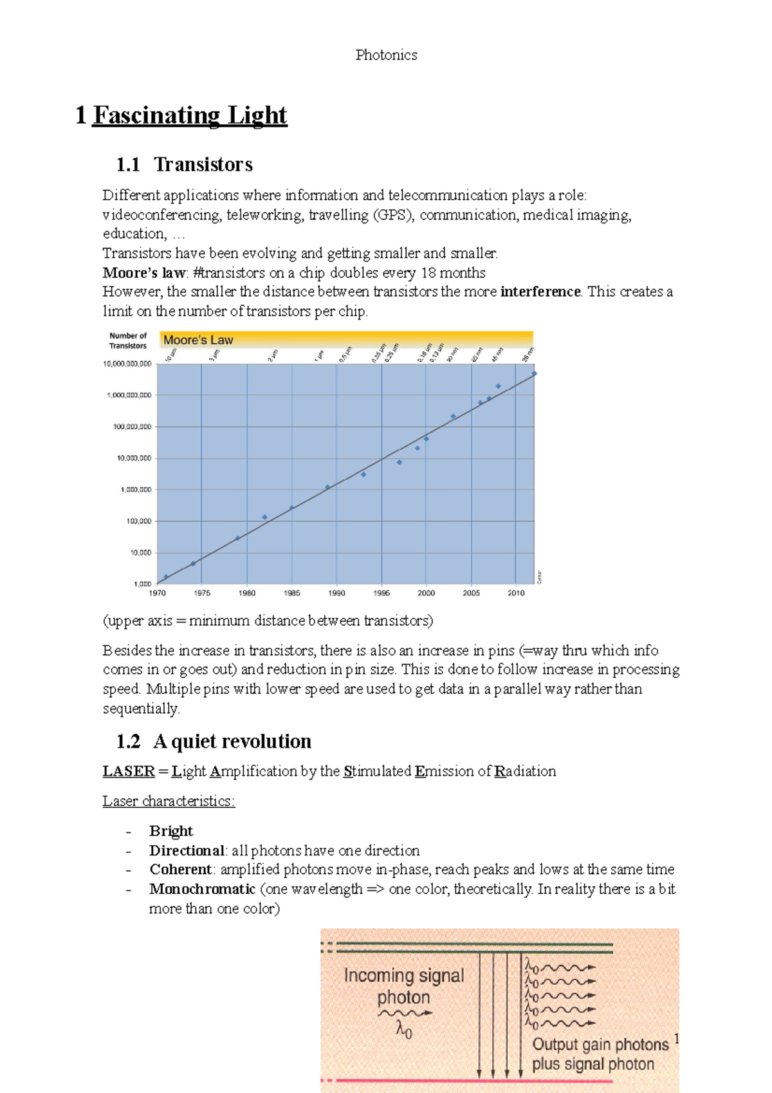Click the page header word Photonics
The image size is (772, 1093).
[386, 55]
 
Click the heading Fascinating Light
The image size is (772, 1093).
[190, 115]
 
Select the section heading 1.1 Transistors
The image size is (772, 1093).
[184, 165]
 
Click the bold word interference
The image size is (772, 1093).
[540, 292]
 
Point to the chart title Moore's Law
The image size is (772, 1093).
[198, 340]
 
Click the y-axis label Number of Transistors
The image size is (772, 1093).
[128, 341]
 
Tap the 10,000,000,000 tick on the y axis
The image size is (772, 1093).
[127, 364]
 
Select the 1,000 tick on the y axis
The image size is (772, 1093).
[142, 584]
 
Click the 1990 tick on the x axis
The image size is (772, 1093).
[336, 593]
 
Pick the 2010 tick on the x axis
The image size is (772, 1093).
[516, 593]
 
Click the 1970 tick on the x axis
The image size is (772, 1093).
[158, 593]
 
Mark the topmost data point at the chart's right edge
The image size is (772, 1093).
[534, 373]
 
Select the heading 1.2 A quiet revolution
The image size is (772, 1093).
[214, 742]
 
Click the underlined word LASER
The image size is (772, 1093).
[129, 771]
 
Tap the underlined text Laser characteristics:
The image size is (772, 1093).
[169, 801]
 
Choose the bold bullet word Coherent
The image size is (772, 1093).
[181, 870]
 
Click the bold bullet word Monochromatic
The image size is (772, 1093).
[202, 889]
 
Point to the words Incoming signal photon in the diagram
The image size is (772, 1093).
[403, 986]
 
